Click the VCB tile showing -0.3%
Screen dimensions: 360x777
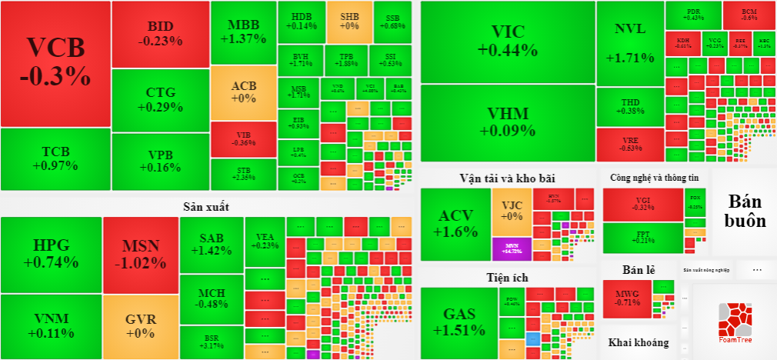55,63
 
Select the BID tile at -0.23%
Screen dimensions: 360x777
160,34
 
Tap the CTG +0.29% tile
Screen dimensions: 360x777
160,101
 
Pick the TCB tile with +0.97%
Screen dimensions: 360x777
55,158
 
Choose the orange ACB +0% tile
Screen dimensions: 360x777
243,92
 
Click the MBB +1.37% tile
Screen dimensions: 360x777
243,32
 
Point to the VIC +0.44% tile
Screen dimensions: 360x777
508,42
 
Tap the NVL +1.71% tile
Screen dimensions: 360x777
630,43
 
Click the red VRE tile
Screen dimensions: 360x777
630,145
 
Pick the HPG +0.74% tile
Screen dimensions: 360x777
52,254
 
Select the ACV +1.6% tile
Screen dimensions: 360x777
455,223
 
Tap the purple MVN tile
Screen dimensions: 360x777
512,248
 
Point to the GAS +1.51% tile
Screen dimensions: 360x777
458,322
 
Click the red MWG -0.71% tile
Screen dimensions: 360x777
627,297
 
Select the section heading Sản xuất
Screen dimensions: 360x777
206,206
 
